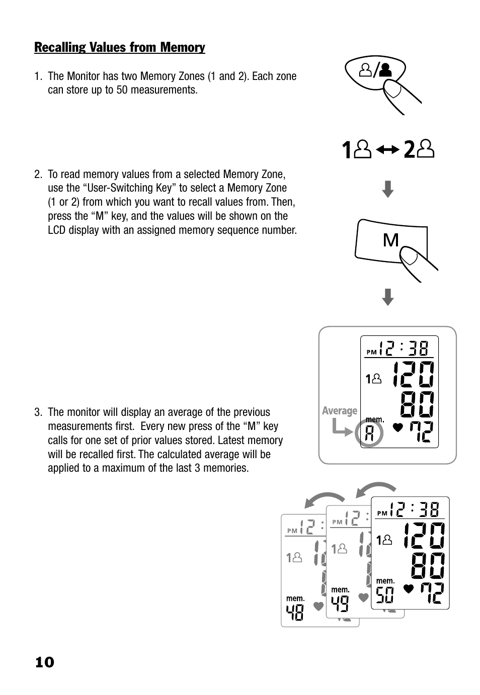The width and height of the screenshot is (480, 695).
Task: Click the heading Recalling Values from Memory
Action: pos(119,47)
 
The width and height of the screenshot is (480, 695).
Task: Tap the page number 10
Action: pos(44,662)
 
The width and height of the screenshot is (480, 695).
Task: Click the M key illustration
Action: pos(390,240)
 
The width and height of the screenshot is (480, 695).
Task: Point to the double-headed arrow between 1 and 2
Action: pos(387,150)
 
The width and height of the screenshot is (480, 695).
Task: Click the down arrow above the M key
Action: pos(387,190)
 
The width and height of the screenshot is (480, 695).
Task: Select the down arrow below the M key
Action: pos(387,297)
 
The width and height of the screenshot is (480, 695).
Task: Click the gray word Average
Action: pos(340,411)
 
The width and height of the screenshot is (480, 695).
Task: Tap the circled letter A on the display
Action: pos(369,433)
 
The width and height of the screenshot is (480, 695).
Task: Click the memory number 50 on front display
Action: pos(385,595)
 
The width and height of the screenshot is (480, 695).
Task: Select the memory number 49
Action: pos(340,603)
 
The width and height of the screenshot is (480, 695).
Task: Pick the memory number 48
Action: pos(295,612)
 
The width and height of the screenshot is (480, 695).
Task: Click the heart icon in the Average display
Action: pos(398,428)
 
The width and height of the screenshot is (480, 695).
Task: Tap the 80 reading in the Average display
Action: pos(417,405)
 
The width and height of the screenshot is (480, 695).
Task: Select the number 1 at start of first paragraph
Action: pos(37,76)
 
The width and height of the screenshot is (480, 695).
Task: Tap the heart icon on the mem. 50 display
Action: pos(409,588)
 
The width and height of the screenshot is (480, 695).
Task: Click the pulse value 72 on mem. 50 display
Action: pos(432,593)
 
